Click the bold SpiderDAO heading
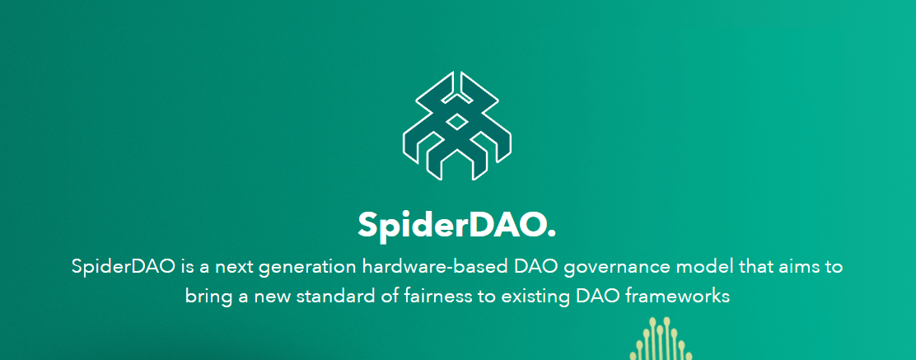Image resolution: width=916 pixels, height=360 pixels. [x=457, y=225]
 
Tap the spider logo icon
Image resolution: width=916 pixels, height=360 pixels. [x=457, y=126]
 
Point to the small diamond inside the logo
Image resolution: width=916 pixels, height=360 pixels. [x=457, y=122]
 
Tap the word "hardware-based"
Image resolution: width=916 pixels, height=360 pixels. [x=436, y=266]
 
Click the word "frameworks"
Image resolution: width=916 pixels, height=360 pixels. [x=678, y=296]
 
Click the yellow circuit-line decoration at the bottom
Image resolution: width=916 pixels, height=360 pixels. [x=661, y=339]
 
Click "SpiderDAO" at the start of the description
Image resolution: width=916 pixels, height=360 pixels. [x=124, y=267]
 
